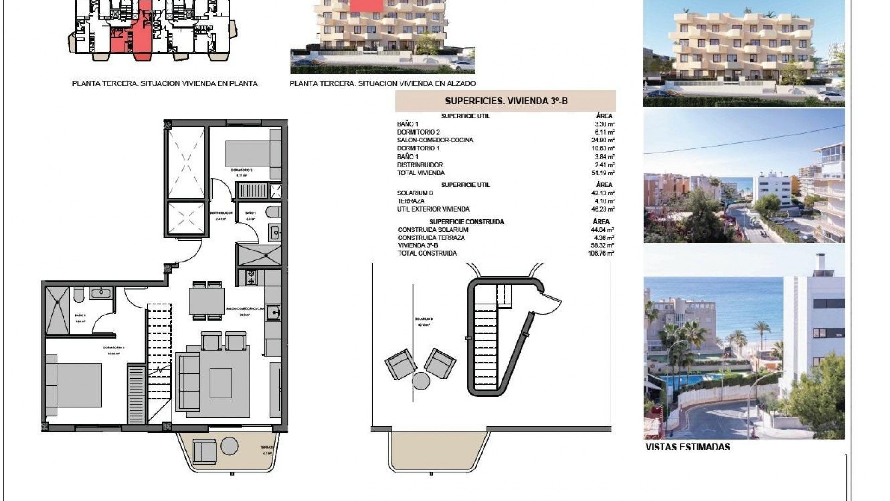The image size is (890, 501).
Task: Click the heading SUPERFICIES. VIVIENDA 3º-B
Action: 506,101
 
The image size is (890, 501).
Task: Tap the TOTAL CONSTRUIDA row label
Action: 427,253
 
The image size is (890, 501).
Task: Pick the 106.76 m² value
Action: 601,253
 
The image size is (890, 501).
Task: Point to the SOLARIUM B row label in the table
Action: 415,193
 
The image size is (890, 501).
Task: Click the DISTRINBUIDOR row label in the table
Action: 420,165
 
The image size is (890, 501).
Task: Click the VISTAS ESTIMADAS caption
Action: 687,448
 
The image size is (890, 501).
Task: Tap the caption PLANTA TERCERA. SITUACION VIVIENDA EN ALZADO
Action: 382,84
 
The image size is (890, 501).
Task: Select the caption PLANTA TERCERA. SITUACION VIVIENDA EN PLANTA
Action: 165,84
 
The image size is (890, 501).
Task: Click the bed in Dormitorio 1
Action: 74,385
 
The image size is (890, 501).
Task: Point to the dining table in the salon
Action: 207,301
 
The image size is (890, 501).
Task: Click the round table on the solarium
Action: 421,381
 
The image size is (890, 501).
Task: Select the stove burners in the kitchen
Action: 251,277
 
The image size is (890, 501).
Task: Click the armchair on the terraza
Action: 204,451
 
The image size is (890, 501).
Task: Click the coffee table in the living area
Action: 221,383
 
